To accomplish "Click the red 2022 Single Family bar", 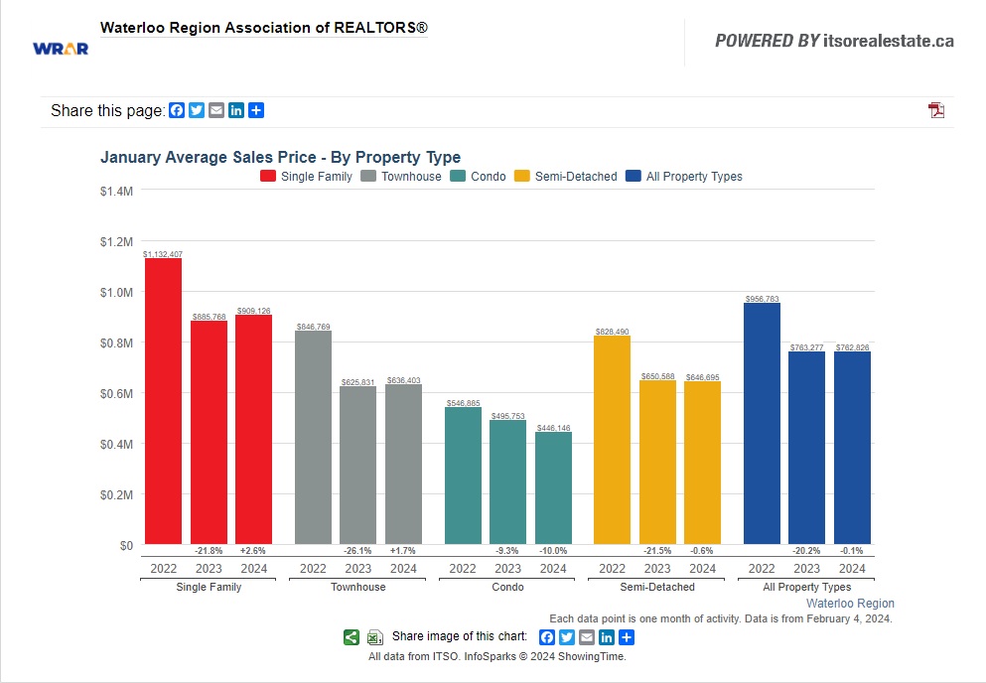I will [x=163, y=401].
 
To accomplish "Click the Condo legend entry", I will [x=478, y=177].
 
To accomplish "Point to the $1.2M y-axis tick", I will [x=116, y=241].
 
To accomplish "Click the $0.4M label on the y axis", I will [x=116, y=444].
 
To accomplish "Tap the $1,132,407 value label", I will [x=162, y=255].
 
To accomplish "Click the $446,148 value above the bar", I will [x=553, y=428].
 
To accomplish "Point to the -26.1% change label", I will [x=357, y=551].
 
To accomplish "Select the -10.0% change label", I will [x=553, y=551].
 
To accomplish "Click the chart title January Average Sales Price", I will [x=280, y=157].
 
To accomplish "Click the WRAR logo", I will [x=61, y=48].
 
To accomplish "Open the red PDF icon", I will [x=936, y=110].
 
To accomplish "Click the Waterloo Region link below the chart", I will [x=850, y=604].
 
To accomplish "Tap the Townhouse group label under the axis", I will [x=357, y=587].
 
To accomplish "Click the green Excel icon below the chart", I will [x=374, y=637].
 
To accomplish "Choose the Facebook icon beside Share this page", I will [x=177, y=110].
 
